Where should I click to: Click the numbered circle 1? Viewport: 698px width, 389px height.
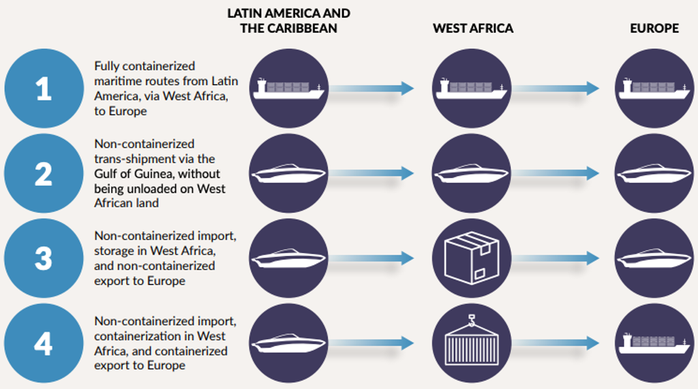[44, 88]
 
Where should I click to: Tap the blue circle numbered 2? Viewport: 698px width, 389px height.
[44, 174]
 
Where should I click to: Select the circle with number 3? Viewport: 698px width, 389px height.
[44, 258]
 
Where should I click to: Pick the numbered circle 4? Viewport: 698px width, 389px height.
[44, 343]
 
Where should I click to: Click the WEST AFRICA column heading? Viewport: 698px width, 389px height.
[473, 28]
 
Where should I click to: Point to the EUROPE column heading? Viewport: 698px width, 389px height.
[654, 28]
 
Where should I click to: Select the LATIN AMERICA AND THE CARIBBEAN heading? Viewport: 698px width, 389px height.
[288, 21]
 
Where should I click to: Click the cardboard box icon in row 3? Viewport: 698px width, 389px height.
[471, 258]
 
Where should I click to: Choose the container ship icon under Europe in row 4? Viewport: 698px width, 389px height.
[654, 343]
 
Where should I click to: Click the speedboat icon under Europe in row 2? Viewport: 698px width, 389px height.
[654, 174]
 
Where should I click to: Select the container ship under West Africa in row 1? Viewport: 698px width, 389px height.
[471, 88]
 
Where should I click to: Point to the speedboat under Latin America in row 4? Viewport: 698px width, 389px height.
[288, 343]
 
